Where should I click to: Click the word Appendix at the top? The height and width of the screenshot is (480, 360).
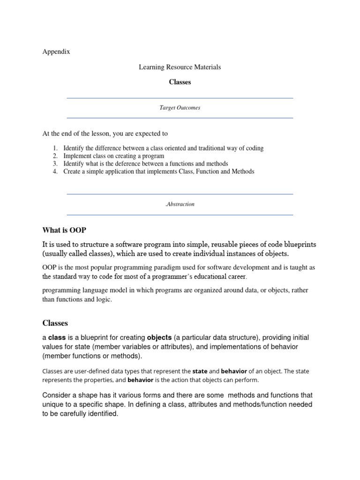56,52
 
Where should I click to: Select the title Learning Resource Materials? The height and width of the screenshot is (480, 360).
180,67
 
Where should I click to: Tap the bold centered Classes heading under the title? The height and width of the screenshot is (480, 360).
180,82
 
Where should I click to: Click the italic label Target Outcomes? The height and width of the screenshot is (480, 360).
180,108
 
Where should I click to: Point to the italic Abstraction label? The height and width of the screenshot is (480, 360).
180,204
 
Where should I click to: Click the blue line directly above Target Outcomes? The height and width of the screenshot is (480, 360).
180,98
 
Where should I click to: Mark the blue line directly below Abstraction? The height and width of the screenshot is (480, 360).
180,215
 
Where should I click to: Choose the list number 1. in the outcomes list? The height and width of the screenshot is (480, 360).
55,148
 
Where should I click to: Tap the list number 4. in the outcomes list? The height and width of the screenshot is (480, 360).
55,172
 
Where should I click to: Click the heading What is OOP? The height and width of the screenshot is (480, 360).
64,230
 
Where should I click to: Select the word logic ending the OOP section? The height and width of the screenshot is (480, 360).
103,300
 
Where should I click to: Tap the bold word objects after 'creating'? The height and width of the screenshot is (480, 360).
159,338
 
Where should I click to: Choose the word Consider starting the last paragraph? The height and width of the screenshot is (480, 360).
57,395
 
